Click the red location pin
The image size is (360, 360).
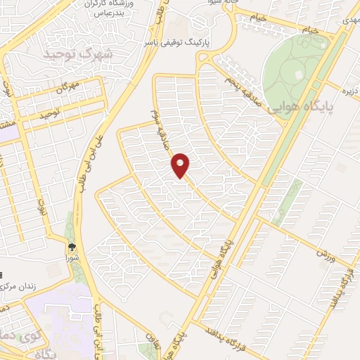(x=181, y=165)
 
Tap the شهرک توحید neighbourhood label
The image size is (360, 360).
(x=70, y=54)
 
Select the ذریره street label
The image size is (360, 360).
(x=349, y=89)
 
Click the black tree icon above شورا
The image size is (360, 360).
(x=72, y=246)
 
